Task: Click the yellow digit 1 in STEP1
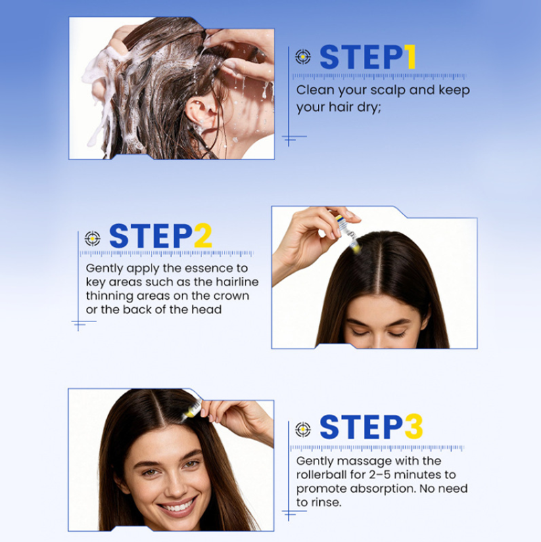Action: pos(410,57)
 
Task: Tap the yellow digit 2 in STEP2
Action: pos(203,235)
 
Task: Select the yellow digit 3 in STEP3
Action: pos(413,426)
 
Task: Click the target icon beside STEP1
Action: pos(303,57)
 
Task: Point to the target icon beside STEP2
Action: pos(93,238)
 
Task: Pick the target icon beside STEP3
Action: pos(303,429)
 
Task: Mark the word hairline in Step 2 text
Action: pos(237,282)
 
